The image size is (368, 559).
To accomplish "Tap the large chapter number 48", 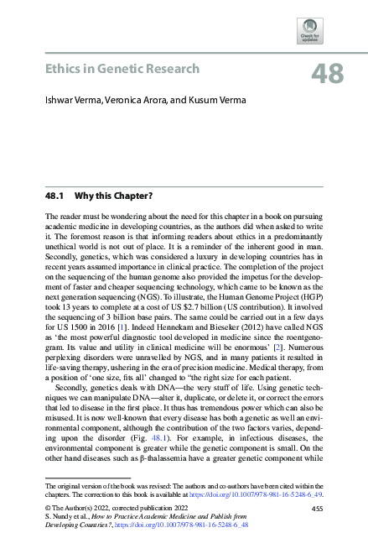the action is click(327, 74).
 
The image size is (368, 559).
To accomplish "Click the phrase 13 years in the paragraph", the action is click(80, 282).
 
